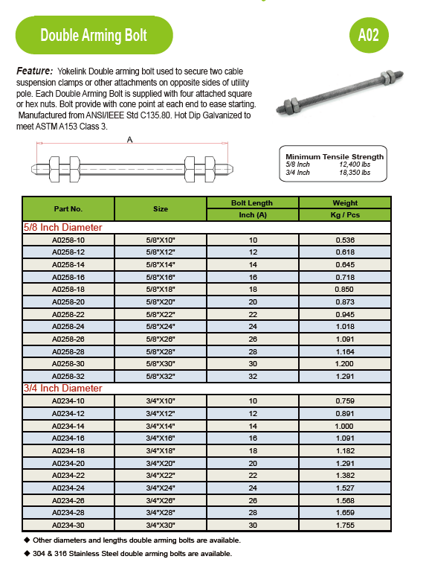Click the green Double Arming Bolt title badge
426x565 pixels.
click(94, 35)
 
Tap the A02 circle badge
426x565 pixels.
click(368, 35)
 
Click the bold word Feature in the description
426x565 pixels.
click(34, 70)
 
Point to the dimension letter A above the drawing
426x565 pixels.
click(130, 139)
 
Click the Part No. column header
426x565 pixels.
click(68, 209)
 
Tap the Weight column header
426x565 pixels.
click(345, 202)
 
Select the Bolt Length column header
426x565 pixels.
click(252, 202)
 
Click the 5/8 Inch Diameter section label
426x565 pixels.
click(63, 228)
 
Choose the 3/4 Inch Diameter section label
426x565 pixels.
click(63, 388)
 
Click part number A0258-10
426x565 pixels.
click(68, 240)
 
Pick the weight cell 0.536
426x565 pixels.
click(345, 240)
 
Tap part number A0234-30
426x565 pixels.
click(68, 524)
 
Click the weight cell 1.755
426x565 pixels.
click(345, 524)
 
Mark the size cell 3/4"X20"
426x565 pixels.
click(161, 462)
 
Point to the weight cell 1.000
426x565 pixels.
click(345, 426)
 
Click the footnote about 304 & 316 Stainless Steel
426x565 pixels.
click(132, 553)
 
